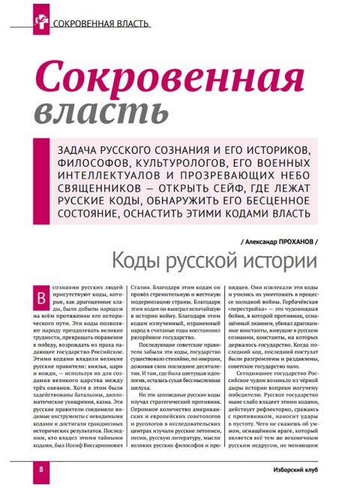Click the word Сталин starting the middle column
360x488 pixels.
coord(142,288)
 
